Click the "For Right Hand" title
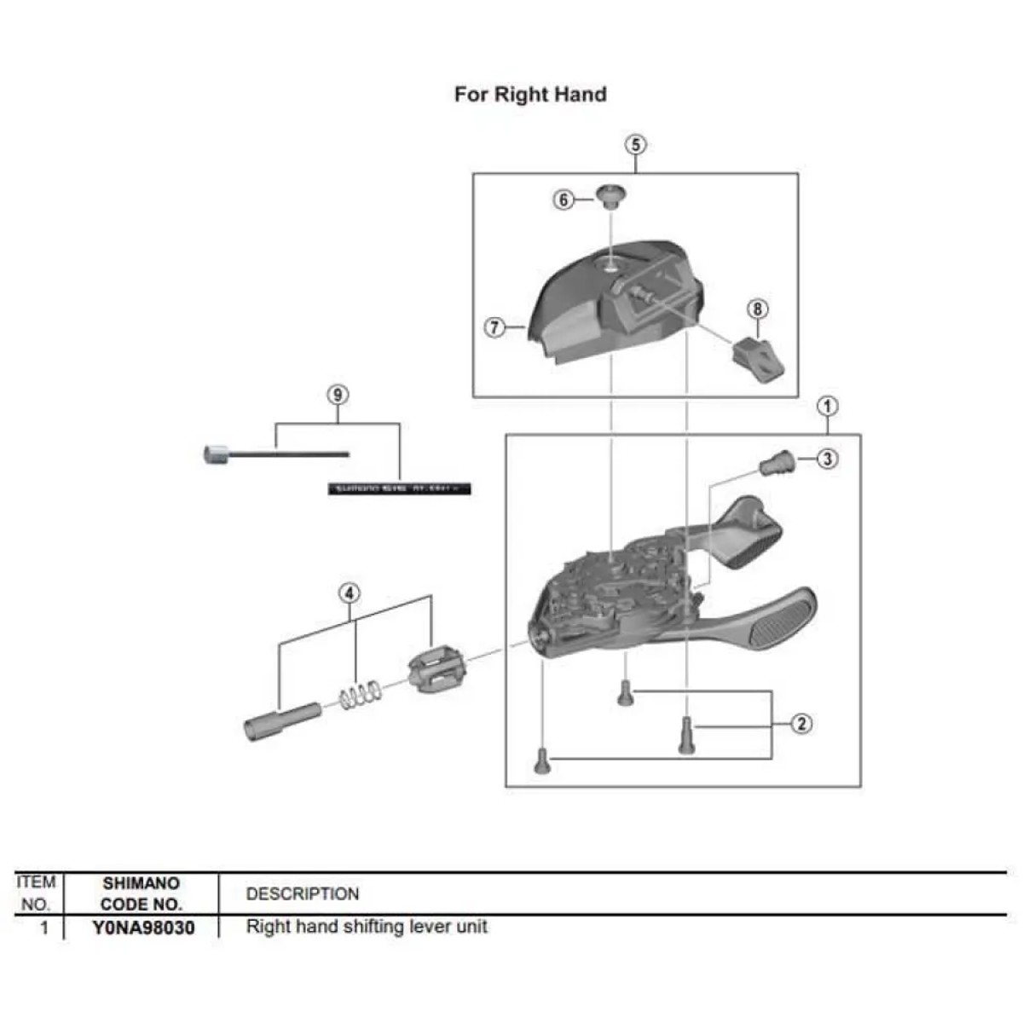(529, 94)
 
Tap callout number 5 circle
(636, 144)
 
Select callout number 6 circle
(564, 200)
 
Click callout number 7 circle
(495, 327)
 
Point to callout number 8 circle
(757, 309)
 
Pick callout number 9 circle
(338, 395)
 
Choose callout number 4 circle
(350, 592)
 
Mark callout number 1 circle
(828, 407)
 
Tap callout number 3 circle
(827, 459)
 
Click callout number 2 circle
(801, 724)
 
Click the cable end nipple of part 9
(215, 455)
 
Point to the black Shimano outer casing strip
(399, 488)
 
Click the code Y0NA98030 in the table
(142, 928)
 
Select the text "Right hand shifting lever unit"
(367, 927)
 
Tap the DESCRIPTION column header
(303, 894)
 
